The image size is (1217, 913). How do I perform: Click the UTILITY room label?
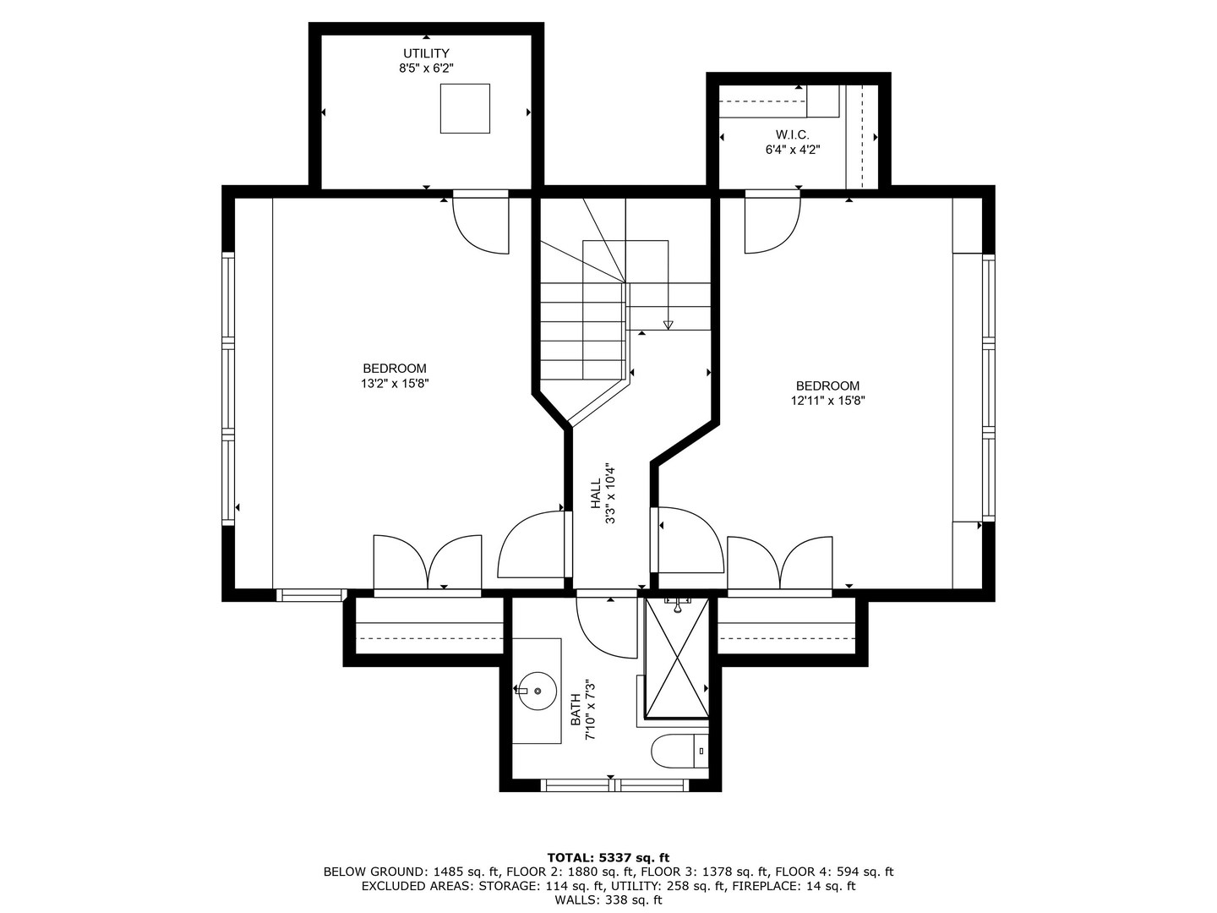[x=426, y=54]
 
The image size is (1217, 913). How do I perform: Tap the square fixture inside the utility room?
[x=465, y=108]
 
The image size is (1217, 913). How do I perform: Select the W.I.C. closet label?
[x=792, y=135]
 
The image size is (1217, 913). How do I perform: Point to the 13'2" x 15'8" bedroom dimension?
[x=395, y=383]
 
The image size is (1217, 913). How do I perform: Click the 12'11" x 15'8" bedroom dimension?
[x=827, y=401]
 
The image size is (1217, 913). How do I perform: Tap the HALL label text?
[x=595, y=494]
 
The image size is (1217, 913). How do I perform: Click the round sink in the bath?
[x=537, y=690]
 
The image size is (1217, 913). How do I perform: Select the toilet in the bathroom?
[x=679, y=751]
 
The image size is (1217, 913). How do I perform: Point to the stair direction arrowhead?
[x=668, y=325]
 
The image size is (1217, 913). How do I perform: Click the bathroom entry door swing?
[x=605, y=626]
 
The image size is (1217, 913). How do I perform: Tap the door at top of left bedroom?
[x=481, y=222]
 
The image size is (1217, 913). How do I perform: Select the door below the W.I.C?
[x=772, y=222]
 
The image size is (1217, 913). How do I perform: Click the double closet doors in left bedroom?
[x=428, y=562]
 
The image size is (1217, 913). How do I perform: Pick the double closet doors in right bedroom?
[x=781, y=562]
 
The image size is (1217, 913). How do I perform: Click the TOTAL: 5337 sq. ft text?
[x=608, y=857]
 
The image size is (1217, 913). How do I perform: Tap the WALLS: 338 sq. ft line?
[x=608, y=900]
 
